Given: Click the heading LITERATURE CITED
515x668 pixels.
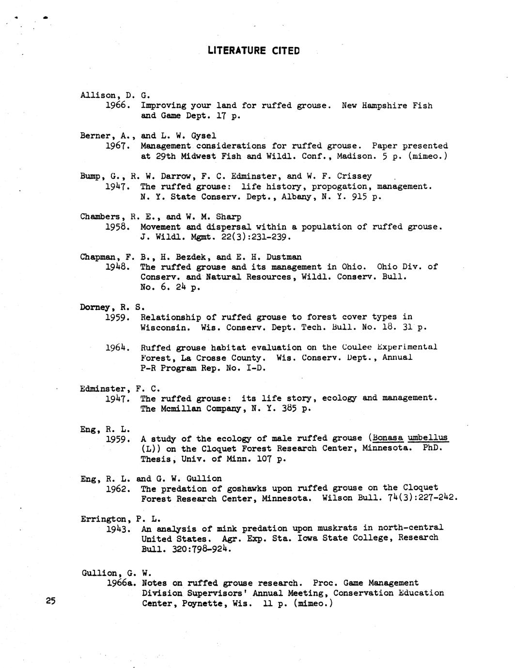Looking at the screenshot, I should point(253,50).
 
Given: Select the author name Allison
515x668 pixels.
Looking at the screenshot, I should point(98,95).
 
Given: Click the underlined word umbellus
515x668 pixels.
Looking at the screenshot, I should point(428,438).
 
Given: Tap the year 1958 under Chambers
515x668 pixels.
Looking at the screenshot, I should point(117,227).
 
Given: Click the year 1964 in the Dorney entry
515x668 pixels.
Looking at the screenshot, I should point(117,347).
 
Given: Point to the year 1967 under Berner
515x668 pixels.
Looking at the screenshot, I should point(117,146).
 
